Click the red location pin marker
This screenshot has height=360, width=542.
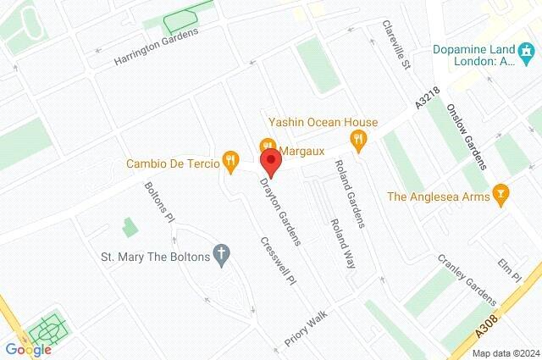point(269,161)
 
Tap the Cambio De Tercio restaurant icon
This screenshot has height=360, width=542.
point(229,158)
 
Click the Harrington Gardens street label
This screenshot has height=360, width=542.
point(156,47)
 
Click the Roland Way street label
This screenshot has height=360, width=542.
point(342,244)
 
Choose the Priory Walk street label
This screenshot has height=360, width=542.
point(306,328)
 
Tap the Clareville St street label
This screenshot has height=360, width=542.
point(395,45)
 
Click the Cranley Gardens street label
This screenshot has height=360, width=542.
point(467,280)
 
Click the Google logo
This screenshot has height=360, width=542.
point(28,349)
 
